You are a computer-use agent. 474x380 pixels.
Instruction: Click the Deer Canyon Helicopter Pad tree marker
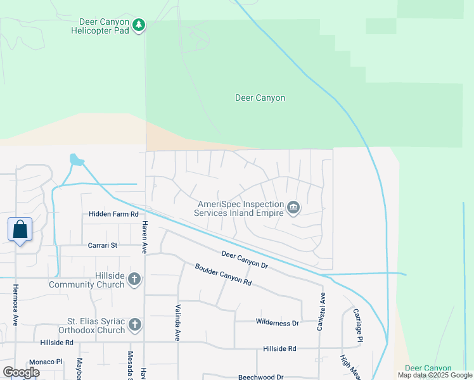(139, 25)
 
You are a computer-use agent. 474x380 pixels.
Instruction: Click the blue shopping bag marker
(20, 229)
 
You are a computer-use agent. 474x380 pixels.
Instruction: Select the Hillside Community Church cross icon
(134, 279)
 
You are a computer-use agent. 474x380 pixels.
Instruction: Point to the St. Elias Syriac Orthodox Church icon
(134, 326)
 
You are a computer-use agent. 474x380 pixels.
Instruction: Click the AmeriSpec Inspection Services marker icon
(293, 208)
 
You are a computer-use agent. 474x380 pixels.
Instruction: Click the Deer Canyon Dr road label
(245, 260)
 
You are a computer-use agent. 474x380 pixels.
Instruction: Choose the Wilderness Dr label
(277, 323)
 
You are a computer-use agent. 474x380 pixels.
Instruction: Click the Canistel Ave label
(321, 311)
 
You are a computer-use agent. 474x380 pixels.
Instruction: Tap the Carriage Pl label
(358, 326)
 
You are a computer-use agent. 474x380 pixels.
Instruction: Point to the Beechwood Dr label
(260, 377)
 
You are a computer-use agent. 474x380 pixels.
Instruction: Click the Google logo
(21, 372)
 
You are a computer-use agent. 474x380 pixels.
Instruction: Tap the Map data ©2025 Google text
(435, 376)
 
